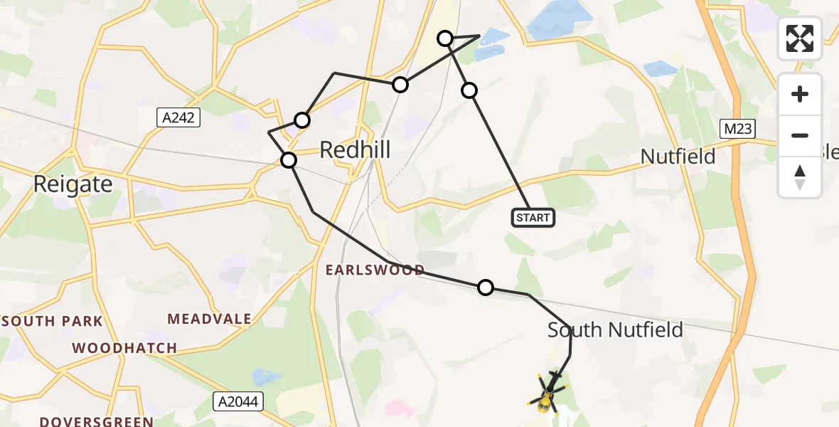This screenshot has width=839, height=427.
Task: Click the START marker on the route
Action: click(x=533, y=218)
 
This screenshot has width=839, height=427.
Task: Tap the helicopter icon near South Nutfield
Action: click(x=547, y=392)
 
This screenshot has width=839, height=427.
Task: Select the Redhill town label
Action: click(x=356, y=150)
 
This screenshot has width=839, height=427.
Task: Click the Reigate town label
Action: click(x=73, y=185)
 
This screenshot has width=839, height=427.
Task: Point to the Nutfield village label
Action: click(x=678, y=157)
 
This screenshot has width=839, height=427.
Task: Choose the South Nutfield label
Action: click(x=615, y=330)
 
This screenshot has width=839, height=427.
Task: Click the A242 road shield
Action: click(x=178, y=117)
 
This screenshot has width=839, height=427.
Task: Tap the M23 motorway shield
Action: click(x=737, y=129)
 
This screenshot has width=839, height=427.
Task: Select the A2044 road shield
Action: click(x=238, y=402)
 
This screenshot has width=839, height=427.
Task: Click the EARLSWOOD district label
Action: click(x=375, y=270)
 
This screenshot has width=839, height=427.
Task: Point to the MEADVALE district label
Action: click(x=209, y=319)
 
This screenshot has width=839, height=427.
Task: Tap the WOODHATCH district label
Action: click(x=124, y=349)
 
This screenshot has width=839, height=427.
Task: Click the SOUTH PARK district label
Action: click(x=53, y=321)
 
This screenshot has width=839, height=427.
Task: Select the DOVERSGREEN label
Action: click(x=96, y=421)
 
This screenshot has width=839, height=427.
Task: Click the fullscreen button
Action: click(x=800, y=38)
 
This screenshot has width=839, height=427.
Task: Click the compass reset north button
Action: click(x=800, y=177)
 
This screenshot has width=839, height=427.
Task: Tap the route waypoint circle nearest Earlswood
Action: click(x=485, y=288)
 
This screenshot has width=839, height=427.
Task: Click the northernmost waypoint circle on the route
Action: click(x=445, y=38)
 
